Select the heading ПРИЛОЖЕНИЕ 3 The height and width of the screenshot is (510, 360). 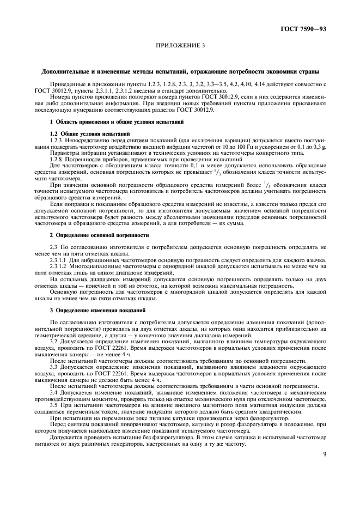pyautogui.click(x=180, y=47)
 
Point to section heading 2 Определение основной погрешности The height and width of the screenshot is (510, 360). pyautogui.click(x=91, y=235)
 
